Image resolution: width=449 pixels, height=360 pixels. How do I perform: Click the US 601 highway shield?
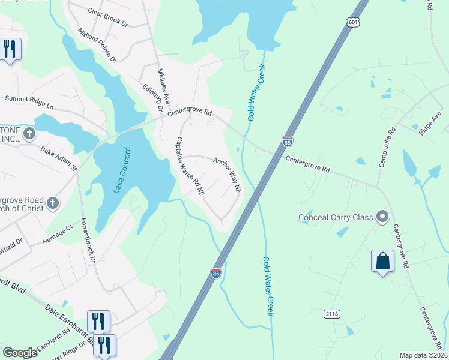coord(352,22)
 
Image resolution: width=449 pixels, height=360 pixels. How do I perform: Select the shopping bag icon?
coord(382,262)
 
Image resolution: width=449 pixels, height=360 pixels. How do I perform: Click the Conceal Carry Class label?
coord(335,217)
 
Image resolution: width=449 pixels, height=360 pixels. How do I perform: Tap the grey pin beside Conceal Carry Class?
coord(382,217)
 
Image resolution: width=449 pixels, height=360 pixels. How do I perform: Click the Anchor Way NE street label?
coord(228,175)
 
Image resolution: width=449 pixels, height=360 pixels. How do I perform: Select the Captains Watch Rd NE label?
coord(190,166)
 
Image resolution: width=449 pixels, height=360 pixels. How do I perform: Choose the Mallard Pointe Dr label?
coord(97,45)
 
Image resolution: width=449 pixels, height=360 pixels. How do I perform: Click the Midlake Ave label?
coord(164,85)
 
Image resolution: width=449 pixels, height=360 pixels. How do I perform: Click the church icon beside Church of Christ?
coord(53,203)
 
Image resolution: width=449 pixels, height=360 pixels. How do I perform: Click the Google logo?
coord(20,353)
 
